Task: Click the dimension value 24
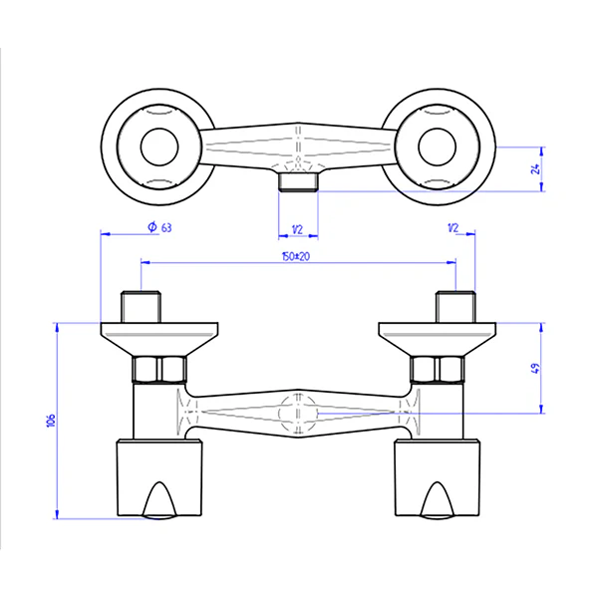click(x=535, y=167)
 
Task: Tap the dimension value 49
click(x=534, y=367)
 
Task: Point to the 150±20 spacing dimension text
click(x=297, y=256)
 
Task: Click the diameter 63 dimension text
click(x=159, y=227)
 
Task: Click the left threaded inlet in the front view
click(x=141, y=305)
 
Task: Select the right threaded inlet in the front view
click(x=454, y=305)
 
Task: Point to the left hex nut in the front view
click(x=158, y=371)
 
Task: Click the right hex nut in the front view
click(x=438, y=371)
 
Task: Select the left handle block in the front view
click(x=158, y=476)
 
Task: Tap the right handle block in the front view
click(x=437, y=476)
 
